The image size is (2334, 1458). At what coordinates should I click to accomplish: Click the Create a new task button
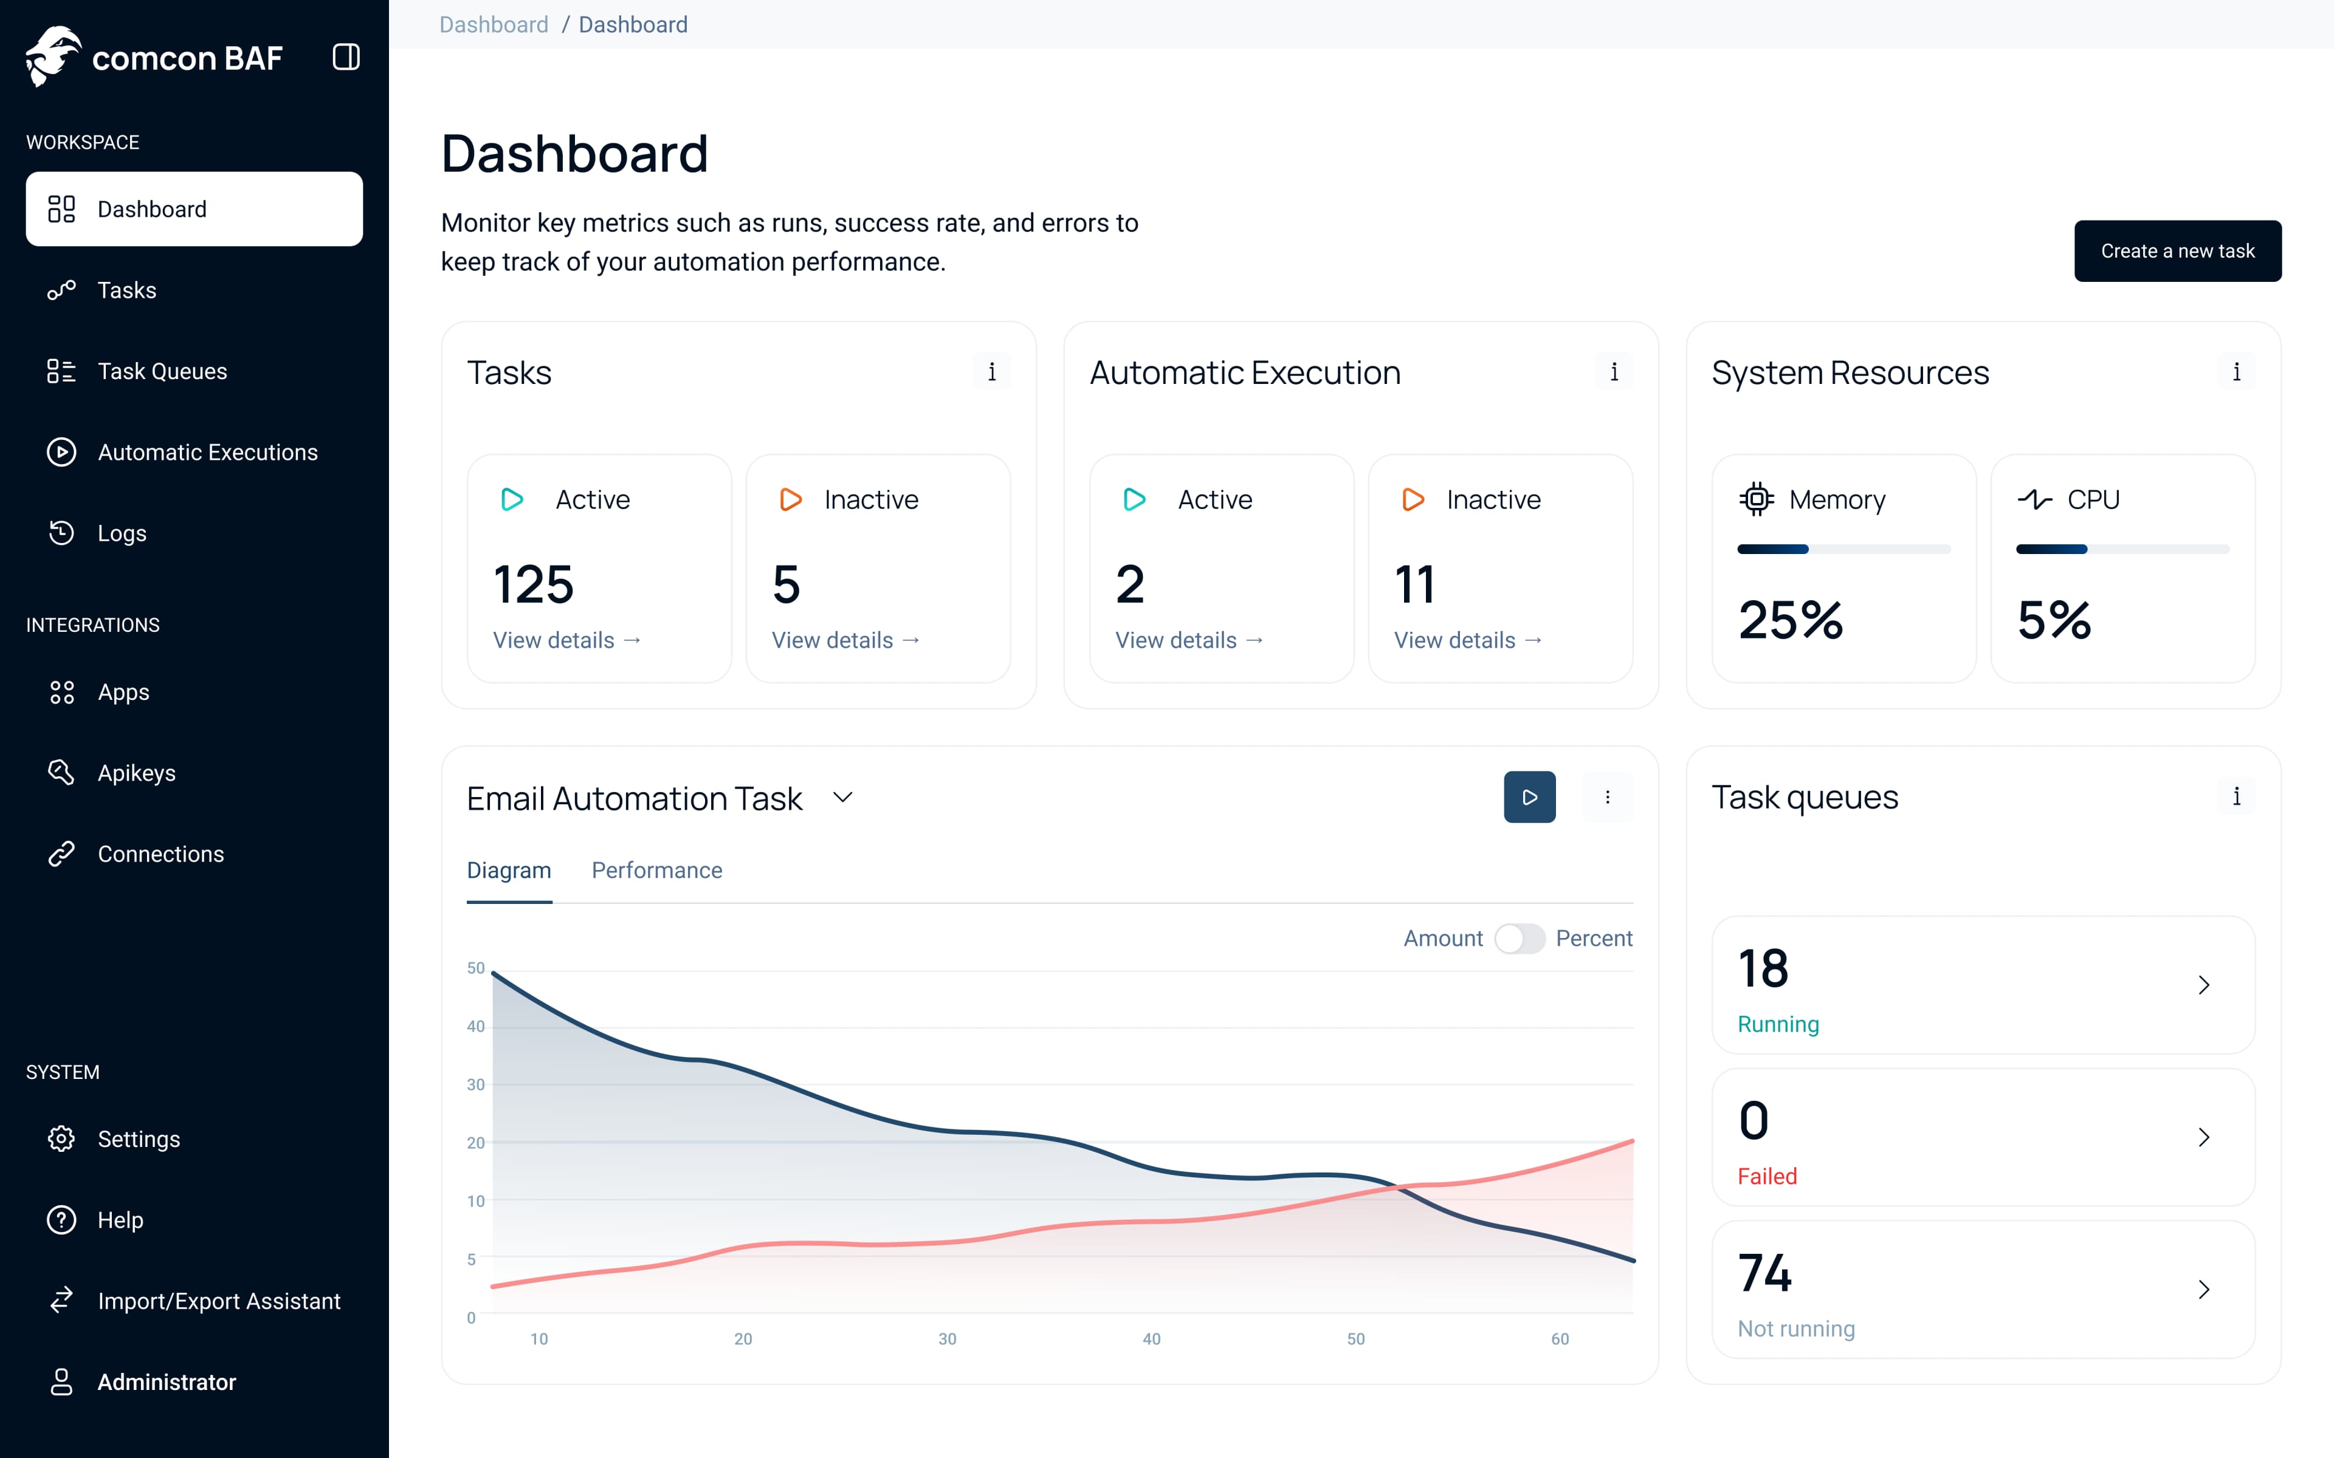(x=2177, y=251)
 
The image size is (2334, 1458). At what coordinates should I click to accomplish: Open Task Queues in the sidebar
(x=162, y=371)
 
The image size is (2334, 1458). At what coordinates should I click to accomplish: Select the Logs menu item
(x=122, y=533)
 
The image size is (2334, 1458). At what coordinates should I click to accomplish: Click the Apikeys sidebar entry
(x=136, y=773)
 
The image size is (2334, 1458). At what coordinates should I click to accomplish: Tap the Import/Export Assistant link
(x=219, y=1301)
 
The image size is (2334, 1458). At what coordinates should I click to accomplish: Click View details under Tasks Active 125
(x=566, y=640)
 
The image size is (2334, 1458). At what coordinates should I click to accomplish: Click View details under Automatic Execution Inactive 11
(x=1467, y=640)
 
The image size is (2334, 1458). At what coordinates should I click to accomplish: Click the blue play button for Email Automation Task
(x=1529, y=796)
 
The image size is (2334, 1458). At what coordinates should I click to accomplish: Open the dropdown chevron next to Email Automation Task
(x=842, y=798)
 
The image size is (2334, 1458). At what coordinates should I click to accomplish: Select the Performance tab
(x=656, y=870)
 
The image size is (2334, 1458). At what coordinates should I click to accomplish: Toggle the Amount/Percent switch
(x=1519, y=938)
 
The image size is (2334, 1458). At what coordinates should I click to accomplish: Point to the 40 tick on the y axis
(x=475, y=1026)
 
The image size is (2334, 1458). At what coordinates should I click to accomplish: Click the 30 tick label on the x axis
(x=947, y=1338)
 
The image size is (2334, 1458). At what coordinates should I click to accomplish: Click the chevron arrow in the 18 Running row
(x=2203, y=985)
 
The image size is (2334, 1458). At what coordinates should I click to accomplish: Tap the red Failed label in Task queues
(x=1767, y=1177)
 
